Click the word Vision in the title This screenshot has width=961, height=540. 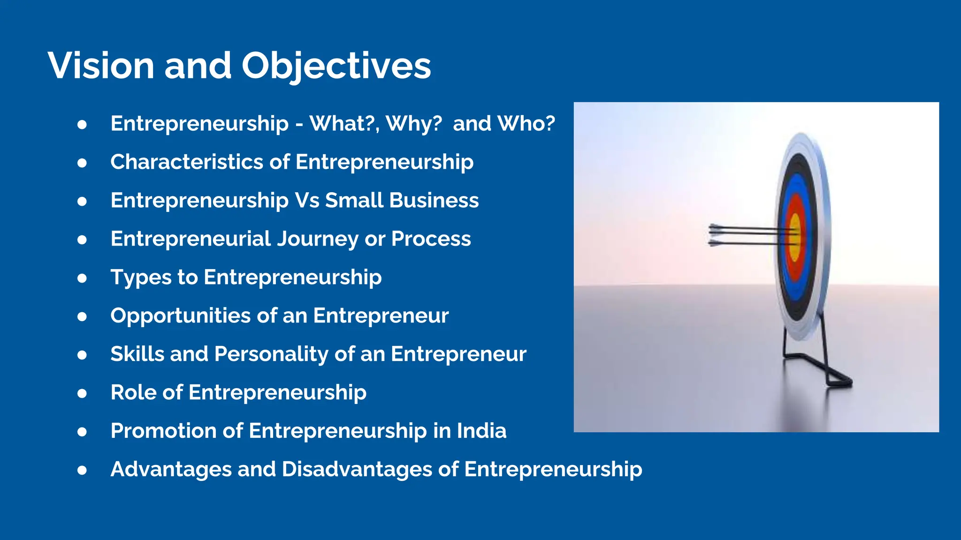(x=100, y=66)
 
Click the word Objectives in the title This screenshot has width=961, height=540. (x=336, y=66)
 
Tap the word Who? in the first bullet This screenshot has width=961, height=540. (x=526, y=124)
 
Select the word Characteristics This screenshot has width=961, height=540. (x=186, y=162)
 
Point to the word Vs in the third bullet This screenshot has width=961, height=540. (x=307, y=201)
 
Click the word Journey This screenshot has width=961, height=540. (x=317, y=239)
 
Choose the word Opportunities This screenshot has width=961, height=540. (x=180, y=316)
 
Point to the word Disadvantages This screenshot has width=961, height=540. (x=356, y=470)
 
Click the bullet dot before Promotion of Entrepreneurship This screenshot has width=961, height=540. (x=82, y=432)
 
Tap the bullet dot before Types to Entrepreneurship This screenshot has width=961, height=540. (x=82, y=278)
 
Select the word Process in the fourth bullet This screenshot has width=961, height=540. (x=431, y=239)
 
